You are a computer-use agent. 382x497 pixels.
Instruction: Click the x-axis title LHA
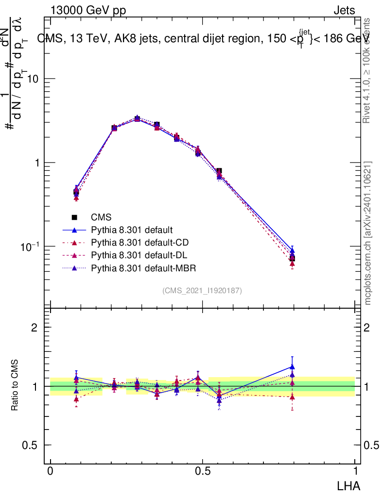point(348,485)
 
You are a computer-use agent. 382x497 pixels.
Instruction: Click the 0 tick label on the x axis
point(51,471)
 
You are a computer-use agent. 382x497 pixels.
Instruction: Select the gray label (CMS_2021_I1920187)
point(202,290)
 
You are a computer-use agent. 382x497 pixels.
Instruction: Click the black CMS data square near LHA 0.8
point(292,258)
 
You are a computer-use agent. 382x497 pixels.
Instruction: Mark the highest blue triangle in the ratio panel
point(292,367)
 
